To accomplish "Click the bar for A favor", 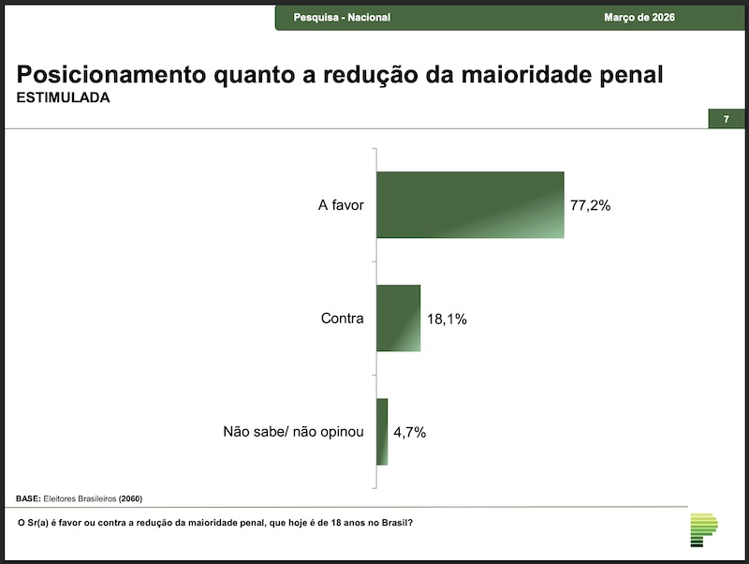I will [470, 205].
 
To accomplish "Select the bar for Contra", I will [399, 319].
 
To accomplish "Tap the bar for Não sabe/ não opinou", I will [382, 432].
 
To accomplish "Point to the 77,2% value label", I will [590, 205].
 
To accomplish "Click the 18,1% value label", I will [447, 319].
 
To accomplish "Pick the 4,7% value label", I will [409, 432].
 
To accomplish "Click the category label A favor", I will [340, 205].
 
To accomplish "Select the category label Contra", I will [342, 319].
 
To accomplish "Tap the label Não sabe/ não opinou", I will [292, 432].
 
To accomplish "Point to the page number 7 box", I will [726, 119].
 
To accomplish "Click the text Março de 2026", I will [639, 18].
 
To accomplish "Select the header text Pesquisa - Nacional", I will [342, 18].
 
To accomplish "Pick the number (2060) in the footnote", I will [130, 497].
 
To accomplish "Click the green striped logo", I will [702, 529].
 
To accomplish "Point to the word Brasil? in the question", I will [397, 522].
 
